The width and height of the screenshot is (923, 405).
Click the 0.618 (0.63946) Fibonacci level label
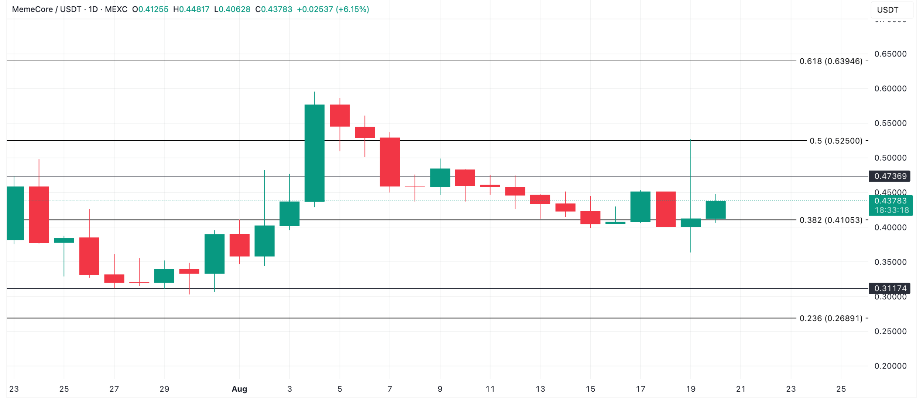[831, 61]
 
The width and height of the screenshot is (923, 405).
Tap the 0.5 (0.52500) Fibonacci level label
[836, 141]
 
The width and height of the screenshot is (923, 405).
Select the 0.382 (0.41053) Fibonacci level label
[831, 220]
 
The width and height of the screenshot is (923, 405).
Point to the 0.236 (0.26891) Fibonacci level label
[831, 319]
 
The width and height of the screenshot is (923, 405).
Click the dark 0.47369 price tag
[890, 176]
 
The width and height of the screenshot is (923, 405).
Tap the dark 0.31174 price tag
[890, 289]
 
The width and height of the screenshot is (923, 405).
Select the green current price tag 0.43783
[891, 201]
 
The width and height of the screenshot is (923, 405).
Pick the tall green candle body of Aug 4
[315, 153]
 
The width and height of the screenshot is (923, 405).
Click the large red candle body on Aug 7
[390, 162]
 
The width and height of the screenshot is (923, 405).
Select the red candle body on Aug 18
[666, 209]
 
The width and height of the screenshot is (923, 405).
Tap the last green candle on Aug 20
[716, 210]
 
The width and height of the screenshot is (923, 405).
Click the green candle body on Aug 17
[641, 207]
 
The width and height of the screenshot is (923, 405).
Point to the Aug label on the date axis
[239, 389]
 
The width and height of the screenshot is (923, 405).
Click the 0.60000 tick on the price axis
[890, 89]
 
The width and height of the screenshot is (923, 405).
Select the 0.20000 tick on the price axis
[890, 366]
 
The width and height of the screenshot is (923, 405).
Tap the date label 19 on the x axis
[691, 389]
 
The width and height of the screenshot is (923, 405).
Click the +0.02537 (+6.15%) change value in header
[333, 10]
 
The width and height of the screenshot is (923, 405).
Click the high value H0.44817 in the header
[191, 10]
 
